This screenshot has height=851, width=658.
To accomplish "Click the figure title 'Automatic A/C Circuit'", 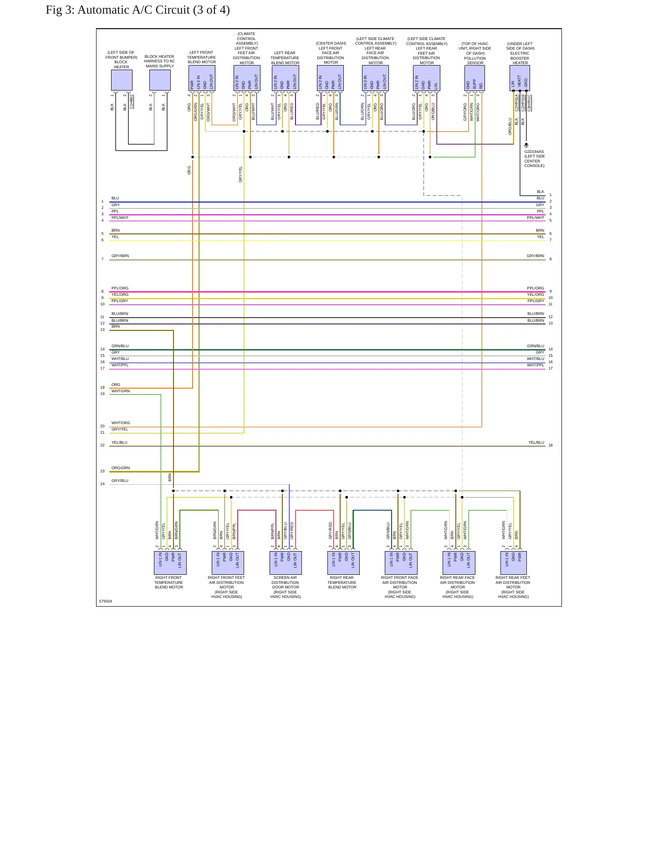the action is (133, 10).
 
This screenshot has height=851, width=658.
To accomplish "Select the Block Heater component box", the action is (122, 80).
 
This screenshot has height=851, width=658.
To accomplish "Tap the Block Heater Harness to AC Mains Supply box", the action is (160, 80).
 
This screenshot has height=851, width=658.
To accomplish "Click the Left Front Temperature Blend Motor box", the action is (202, 78).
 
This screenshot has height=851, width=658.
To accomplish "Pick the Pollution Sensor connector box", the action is (474, 78).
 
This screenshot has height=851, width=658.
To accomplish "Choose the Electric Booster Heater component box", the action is (520, 78).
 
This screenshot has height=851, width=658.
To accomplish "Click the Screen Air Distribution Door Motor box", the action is (286, 563).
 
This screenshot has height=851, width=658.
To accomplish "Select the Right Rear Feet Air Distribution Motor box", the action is (513, 563).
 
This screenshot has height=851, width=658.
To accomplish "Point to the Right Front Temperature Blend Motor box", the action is (170, 563).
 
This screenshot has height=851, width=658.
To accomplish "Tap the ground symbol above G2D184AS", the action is (526, 146).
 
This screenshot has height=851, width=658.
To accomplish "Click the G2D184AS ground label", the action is (534, 152).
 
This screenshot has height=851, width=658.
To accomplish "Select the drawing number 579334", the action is (105, 601).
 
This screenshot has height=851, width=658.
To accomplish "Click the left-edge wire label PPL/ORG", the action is (120, 288).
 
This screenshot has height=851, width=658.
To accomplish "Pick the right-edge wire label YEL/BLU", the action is (536, 442).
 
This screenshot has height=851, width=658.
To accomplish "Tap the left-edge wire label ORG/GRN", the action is (121, 468).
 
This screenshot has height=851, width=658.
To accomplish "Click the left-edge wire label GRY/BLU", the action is (120, 481).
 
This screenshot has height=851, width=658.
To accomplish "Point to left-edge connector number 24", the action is (102, 484).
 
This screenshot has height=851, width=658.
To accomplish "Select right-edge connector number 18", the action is (551, 445).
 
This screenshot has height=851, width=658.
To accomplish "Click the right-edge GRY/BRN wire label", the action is (535, 256).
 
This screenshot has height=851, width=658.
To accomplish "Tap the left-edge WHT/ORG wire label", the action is (121, 423).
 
